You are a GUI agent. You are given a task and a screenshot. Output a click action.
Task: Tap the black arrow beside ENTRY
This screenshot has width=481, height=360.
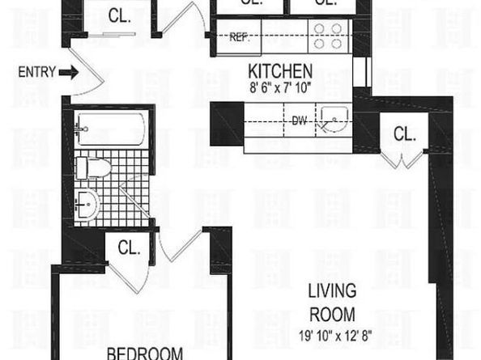click(70, 73)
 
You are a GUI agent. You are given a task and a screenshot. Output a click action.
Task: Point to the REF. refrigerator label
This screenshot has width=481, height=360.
click(239, 37)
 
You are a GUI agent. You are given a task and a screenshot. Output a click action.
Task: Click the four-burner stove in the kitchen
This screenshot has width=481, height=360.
click(326, 36)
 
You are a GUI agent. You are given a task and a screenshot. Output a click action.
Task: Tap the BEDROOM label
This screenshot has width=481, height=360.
click(146, 353)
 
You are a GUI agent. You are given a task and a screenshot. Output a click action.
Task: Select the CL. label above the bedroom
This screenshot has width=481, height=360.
click(128, 248)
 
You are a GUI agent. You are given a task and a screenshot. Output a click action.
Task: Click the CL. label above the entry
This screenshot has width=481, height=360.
click(120, 15)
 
